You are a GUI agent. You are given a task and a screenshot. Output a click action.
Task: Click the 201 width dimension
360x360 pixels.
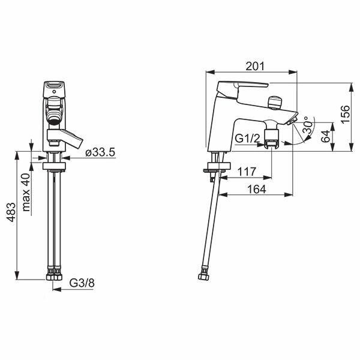(255, 67)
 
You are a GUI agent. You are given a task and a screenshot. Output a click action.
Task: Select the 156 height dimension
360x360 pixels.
(345, 115)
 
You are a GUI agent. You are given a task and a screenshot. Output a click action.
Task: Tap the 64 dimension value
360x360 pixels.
(325, 137)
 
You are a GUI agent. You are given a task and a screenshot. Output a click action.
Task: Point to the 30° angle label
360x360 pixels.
(307, 125)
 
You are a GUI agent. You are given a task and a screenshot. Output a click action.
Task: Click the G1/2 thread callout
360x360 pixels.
(247, 139)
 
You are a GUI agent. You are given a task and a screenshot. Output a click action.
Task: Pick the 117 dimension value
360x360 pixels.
(247, 172)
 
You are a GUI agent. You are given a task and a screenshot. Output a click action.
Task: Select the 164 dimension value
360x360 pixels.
(256, 189)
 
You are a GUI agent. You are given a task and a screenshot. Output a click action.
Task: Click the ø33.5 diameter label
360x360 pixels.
(100, 152)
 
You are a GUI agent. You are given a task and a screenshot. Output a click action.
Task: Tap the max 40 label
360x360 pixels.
(26, 193)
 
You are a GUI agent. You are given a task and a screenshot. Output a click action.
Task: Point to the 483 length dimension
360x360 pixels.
(11, 212)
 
